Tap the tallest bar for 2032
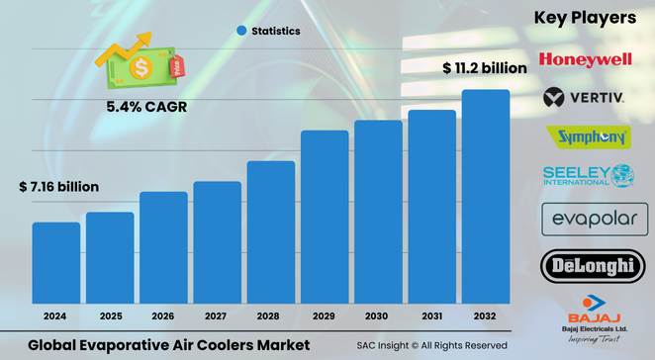point(486,197)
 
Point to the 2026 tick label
point(163,316)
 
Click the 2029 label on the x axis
point(325,316)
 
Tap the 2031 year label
point(432,316)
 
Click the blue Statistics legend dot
point(241,32)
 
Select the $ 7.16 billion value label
point(58,187)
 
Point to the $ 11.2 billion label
point(484,68)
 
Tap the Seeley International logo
point(588,176)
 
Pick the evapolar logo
point(588,219)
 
